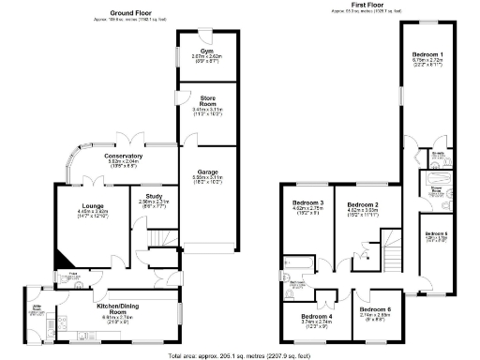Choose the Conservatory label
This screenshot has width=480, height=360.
pos(123,156)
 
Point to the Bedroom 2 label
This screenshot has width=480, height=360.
pos(362,204)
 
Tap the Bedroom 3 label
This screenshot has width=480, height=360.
pos(308,203)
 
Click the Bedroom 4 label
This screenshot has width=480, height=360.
pos(318,317)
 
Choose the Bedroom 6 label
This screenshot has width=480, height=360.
pos(375,309)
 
